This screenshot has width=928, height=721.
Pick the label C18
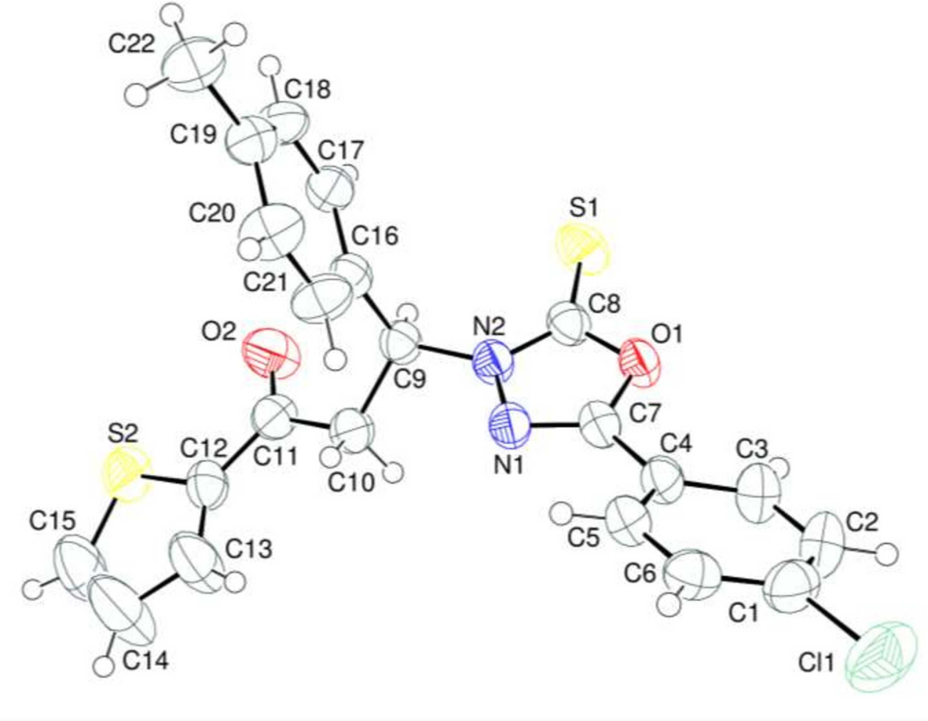(x=307, y=90)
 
